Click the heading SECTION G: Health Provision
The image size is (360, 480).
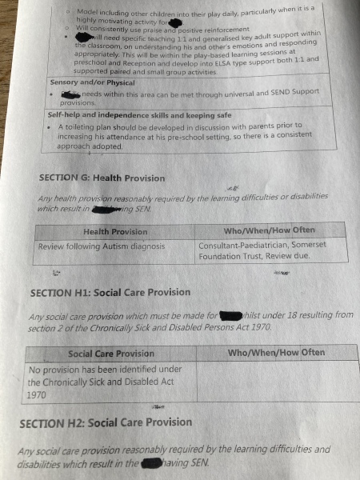pos(102,178)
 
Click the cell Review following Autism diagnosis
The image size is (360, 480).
pos(101,246)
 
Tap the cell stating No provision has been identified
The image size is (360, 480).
pos(104,382)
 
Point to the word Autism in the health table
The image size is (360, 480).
pos(126,246)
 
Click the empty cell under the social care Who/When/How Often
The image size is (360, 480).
pos(277,382)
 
